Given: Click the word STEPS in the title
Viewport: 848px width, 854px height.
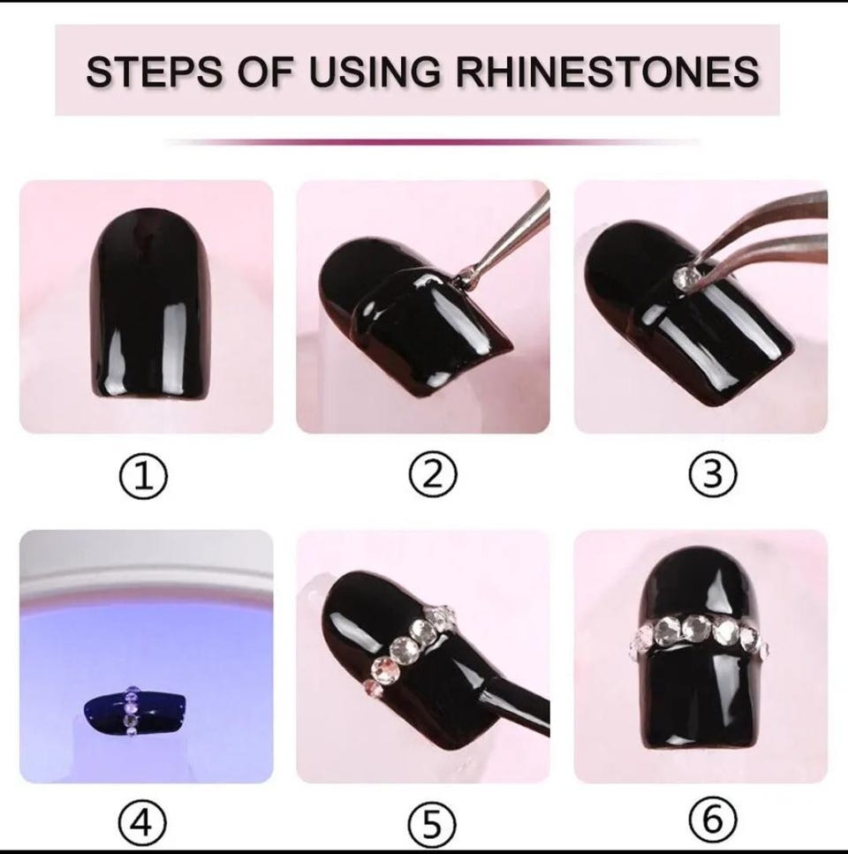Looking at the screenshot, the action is point(154,72).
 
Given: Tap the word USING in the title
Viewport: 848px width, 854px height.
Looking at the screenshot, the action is point(375,72).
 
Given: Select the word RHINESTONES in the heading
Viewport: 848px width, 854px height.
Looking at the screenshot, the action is point(607,72).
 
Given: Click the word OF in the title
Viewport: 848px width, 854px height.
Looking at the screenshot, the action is point(266,72).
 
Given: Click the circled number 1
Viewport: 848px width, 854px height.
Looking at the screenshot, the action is point(144,475).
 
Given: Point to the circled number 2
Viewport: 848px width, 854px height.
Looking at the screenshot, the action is point(433,475).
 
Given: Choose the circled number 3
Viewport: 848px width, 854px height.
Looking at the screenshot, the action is point(713,475).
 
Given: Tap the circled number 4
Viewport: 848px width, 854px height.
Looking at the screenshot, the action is point(143,823).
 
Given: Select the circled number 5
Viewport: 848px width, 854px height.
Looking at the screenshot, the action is point(433,823).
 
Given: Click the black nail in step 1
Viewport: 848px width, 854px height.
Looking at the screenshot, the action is point(150,304).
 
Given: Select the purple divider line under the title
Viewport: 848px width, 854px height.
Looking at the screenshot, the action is point(433,142).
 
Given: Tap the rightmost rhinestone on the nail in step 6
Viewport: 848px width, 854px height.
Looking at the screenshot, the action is point(761,648).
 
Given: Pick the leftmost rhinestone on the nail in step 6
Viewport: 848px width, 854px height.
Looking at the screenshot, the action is point(639,643).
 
